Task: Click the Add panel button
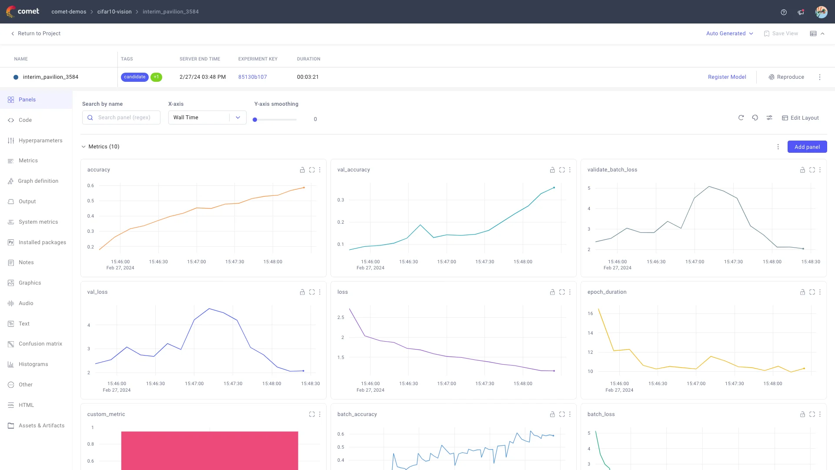[807, 147]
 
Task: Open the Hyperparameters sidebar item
[40, 141]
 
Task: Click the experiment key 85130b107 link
[252, 77]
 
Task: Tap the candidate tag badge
[134, 77]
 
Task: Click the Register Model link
[727, 77]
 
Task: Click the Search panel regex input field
[124, 117]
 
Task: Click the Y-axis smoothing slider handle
[255, 120]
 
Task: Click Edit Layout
[800, 118]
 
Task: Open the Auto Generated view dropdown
[729, 34]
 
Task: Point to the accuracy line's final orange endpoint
[304, 188]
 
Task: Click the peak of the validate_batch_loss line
[709, 187]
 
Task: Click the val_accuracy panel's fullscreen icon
[562, 170]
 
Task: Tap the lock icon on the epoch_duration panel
[802, 292]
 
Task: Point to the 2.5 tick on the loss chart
[341, 318]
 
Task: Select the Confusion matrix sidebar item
[40, 344]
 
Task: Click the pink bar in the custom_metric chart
[210, 450]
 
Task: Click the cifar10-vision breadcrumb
[114, 12]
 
